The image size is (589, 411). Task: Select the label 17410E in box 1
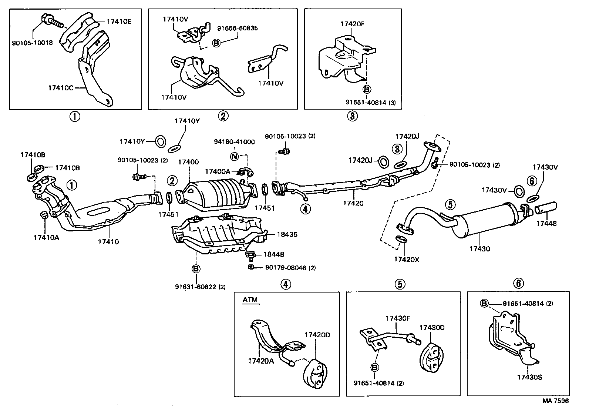119,21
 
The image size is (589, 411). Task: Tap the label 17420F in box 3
352,24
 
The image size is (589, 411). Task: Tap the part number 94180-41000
234,142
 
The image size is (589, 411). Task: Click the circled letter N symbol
234,156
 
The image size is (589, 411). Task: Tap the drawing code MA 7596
555,401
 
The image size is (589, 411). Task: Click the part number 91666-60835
237,28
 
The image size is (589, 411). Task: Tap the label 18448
273,254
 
